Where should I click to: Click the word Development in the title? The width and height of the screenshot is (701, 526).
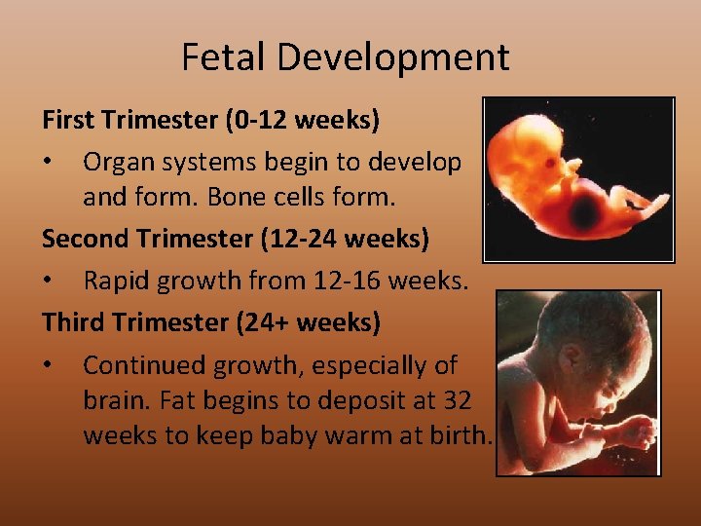click(392, 57)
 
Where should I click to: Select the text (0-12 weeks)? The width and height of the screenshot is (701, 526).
click(302, 121)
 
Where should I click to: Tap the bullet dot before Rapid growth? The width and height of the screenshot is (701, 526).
click(49, 282)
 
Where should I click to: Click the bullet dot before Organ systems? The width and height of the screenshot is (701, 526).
click(49, 163)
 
